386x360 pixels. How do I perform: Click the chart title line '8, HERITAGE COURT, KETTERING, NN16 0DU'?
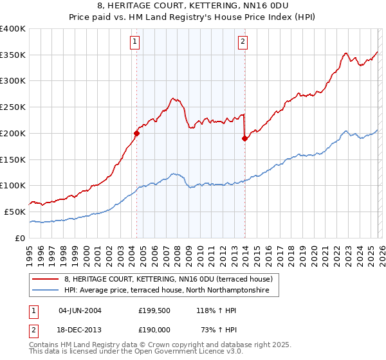193,7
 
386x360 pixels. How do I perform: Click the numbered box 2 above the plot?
243,42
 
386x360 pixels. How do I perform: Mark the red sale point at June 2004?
136,134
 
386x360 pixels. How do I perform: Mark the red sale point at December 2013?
245,138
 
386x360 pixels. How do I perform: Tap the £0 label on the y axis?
21,238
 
